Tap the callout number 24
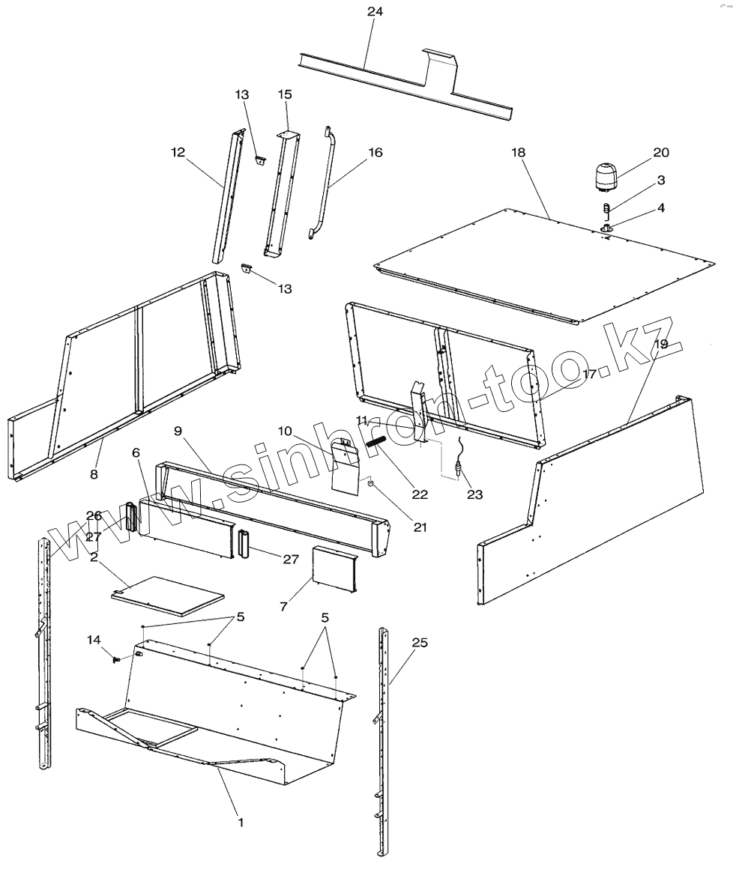pos(375,13)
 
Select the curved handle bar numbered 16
pos(325,184)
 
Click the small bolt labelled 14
pos(117,658)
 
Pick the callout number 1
pos(241,822)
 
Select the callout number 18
pos(519,152)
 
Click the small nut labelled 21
pos(370,484)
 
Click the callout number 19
pos(659,344)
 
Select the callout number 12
pos(177,153)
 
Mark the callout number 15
pos(285,94)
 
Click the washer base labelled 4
pos(606,227)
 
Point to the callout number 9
pos(178,431)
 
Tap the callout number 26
pos(94,515)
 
